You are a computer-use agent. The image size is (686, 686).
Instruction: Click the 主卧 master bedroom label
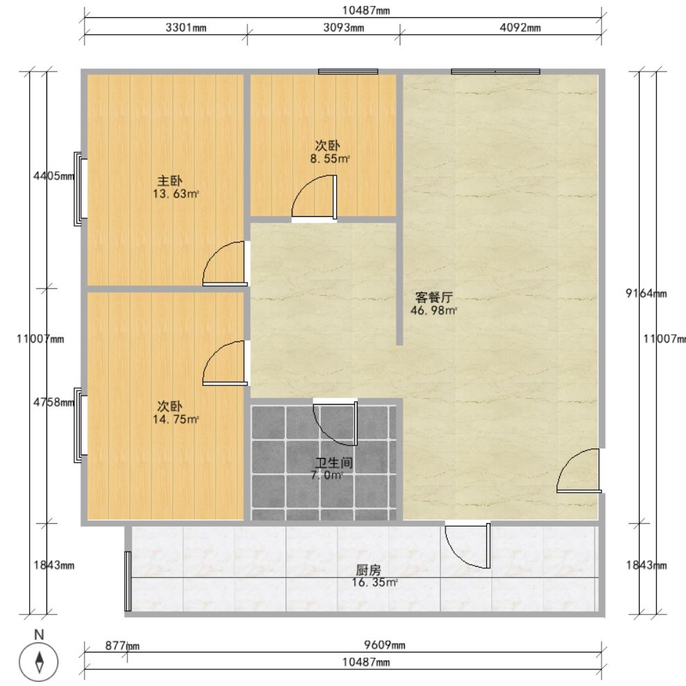pyautogui.click(x=170, y=181)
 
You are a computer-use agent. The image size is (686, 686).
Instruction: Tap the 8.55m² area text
pyautogui.click(x=330, y=159)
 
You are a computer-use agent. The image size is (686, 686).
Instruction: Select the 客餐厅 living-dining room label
pyautogui.click(x=434, y=297)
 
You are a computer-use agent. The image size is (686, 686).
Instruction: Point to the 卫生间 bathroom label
pyautogui.click(x=334, y=463)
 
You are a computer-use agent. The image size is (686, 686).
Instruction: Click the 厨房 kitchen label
pyautogui.click(x=369, y=570)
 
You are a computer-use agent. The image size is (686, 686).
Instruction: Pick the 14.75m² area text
pyautogui.click(x=175, y=419)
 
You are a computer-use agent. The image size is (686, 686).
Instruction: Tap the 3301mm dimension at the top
pyautogui.click(x=186, y=28)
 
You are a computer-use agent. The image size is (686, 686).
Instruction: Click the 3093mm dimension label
pyautogui.click(x=344, y=28)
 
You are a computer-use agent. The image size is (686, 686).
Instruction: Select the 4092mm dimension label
pyautogui.click(x=520, y=28)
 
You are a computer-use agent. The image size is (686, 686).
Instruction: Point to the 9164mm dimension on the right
pyautogui.click(x=647, y=293)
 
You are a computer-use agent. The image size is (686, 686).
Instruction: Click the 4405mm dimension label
pyautogui.click(x=54, y=176)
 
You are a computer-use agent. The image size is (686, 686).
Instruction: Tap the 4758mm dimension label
pyautogui.click(x=54, y=402)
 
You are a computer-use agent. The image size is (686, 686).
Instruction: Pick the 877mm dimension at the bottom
pyautogui.click(x=122, y=646)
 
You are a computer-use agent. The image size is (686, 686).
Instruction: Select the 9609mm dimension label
pyautogui.click(x=385, y=645)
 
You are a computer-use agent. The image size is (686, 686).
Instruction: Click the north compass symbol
pyautogui.click(x=39, y=661)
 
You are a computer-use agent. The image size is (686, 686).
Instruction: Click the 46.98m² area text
pyautogui.click(x=434, y=310)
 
